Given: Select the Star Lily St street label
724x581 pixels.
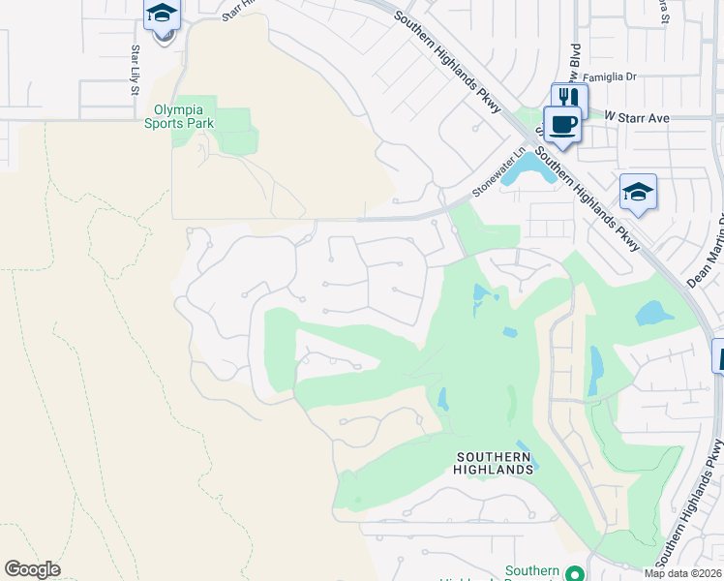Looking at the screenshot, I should click(x=135, y=69).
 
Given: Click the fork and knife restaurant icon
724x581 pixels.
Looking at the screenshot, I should click(x=570, y=99).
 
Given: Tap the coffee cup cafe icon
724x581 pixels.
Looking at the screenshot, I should click(x=561, y=124).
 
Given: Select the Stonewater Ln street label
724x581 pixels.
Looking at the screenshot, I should click(x=498, y=172).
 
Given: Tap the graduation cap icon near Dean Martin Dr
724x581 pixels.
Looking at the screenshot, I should click(x=638, y=194).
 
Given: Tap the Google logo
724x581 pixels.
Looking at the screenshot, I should click(x=32, y=569).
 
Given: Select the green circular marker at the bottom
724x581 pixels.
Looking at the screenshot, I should click(x=575, y=573).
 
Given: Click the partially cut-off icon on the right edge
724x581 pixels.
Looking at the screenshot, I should click(x=718, y=355).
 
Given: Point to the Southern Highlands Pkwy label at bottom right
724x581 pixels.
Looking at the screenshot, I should click(x=690, y=504).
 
